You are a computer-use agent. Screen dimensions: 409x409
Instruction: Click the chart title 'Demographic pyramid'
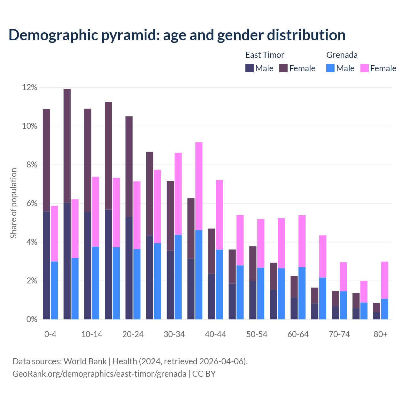tap(177, 35)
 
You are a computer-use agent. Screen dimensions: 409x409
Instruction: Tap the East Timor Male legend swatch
tap(249, 68)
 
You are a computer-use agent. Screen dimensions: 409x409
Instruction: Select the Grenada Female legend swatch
tap(364, 68)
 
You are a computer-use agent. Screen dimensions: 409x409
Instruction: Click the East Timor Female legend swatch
tap(283, 68)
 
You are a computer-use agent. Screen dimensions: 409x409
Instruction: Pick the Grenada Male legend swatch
tap(330, 68)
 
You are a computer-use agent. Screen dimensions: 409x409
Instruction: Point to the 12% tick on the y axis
tap(30, 87)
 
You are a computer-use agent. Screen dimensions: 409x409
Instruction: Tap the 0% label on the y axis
tap(31, 320)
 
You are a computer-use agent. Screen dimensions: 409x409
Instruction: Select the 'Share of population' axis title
tap(13, 203)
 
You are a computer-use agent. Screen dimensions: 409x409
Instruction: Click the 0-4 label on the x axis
tap(50, 334)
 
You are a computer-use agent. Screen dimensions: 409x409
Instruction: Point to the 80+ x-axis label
tap(381, 334)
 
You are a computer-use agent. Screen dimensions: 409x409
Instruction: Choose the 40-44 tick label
tap(215, 334)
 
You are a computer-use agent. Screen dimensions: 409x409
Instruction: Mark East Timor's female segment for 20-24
tap(129, 166)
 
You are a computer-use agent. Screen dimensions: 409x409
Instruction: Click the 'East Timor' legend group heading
tap(265, 55)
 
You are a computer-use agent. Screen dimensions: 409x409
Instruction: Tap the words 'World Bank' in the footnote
tap(85, 361)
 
